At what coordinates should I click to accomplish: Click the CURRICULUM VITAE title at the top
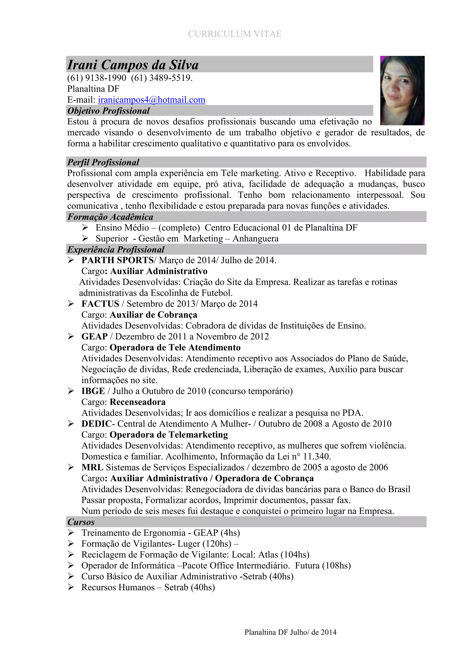(x=235, y=34)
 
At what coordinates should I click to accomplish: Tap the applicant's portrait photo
(x=402, y=90)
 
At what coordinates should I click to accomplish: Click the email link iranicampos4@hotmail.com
(x=152, y=100)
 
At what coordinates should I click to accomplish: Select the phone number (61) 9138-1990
(x=97, y=78)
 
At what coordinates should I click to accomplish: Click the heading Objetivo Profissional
(x=109, y=111)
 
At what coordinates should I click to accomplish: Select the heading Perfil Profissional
(x=103, y=162)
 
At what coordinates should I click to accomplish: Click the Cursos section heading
(x=81, y=522)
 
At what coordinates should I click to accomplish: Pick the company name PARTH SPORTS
(x=117, y=260)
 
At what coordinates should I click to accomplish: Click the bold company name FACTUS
(x=100, y=304)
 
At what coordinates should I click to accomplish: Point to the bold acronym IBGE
(x=93, y=391)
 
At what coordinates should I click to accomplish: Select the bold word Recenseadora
(x=138, y=402)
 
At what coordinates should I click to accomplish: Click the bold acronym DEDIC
(x=96, y=424)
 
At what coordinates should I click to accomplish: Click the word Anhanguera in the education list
(x=256, y=239)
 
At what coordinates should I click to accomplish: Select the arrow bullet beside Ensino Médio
(x=85, y=227)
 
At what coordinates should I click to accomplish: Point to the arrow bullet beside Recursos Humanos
(x=71, y=587)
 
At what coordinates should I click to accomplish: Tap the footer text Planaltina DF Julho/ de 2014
(x=290, y=632)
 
